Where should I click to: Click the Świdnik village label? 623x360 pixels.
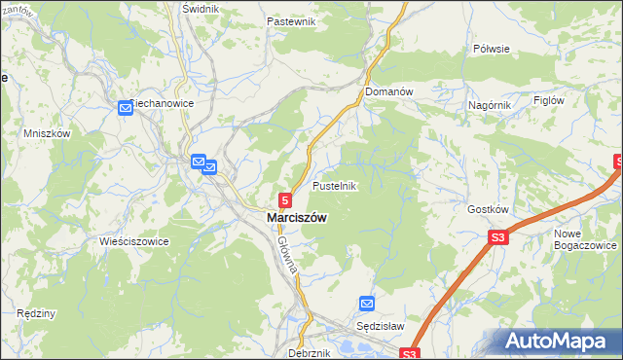[201, 8]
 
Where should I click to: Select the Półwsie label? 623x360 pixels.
[491, 48]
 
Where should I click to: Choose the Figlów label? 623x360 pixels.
[549, 100]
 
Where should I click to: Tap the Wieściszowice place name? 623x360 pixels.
[134, 240]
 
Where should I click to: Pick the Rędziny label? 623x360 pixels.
[36, 313]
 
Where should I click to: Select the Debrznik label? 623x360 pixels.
[310, 353]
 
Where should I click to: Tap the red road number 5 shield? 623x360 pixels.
[284, 198]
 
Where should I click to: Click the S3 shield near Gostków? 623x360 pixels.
[498, 236]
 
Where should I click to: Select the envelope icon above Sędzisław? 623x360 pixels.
[366, 304]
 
